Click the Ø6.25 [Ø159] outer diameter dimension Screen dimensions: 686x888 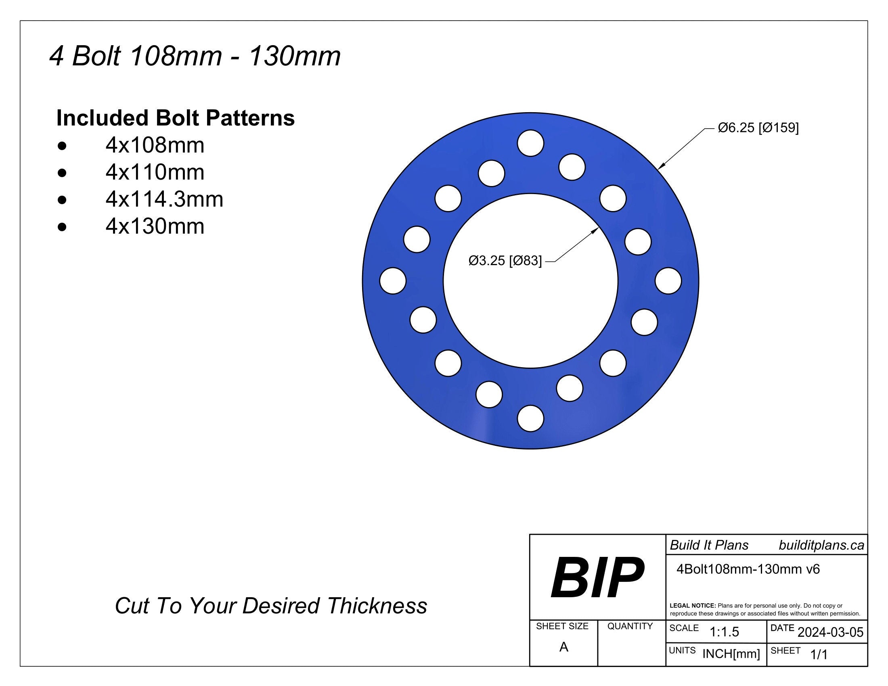pos(758,128)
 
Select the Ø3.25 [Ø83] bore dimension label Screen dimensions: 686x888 pos(505,261)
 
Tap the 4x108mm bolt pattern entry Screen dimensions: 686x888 pos(155,145)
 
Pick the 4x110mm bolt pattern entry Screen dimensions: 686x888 pos(155,172)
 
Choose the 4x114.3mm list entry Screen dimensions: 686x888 pos(164,199)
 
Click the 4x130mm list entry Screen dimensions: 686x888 pos(155,226)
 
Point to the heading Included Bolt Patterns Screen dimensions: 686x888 pos(175,118)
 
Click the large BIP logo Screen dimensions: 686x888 pos(597,577)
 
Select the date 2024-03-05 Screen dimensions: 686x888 pos(830,632)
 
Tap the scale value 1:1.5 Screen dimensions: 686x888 pos(724,632)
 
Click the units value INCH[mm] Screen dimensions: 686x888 pos(731,654)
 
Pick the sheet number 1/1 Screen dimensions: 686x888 pos(819,654)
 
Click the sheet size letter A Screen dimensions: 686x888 pos(563,647)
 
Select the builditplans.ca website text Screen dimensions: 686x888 pos(821,546)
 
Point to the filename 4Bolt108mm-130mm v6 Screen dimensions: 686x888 pos(748,569)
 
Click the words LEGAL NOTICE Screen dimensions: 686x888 pos(692,606)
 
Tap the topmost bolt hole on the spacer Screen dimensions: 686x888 pos(531,143)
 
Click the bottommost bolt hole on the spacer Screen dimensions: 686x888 pos(531,418)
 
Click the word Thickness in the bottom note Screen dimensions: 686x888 pos(377,606)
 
